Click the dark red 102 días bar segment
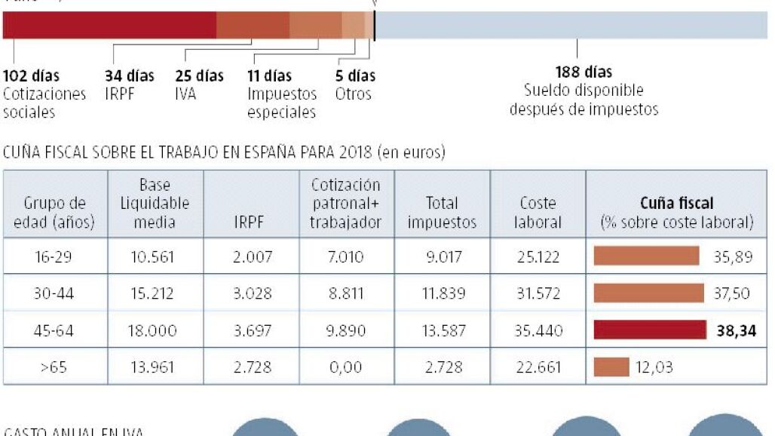point(109,26)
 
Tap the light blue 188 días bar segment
point(571,26)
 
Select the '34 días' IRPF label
point(129,76)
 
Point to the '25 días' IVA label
point(199,76)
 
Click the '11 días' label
point(269,76)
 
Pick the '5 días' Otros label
point(355,76)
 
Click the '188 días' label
point(584,72)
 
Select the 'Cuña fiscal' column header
point(676,204)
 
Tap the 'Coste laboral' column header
point(538,213)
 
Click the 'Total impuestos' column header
point(442,213)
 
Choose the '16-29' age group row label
point(54,257)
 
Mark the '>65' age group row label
point(54,367)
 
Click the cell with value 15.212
point(154,293)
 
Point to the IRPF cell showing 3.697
point(252,330)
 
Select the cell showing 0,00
point(346,367)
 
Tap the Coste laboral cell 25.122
point(538,257)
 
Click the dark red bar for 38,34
point(646,330)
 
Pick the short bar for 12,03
point(611,367)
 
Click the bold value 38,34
point(736,330)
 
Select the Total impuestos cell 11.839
point(442,293)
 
